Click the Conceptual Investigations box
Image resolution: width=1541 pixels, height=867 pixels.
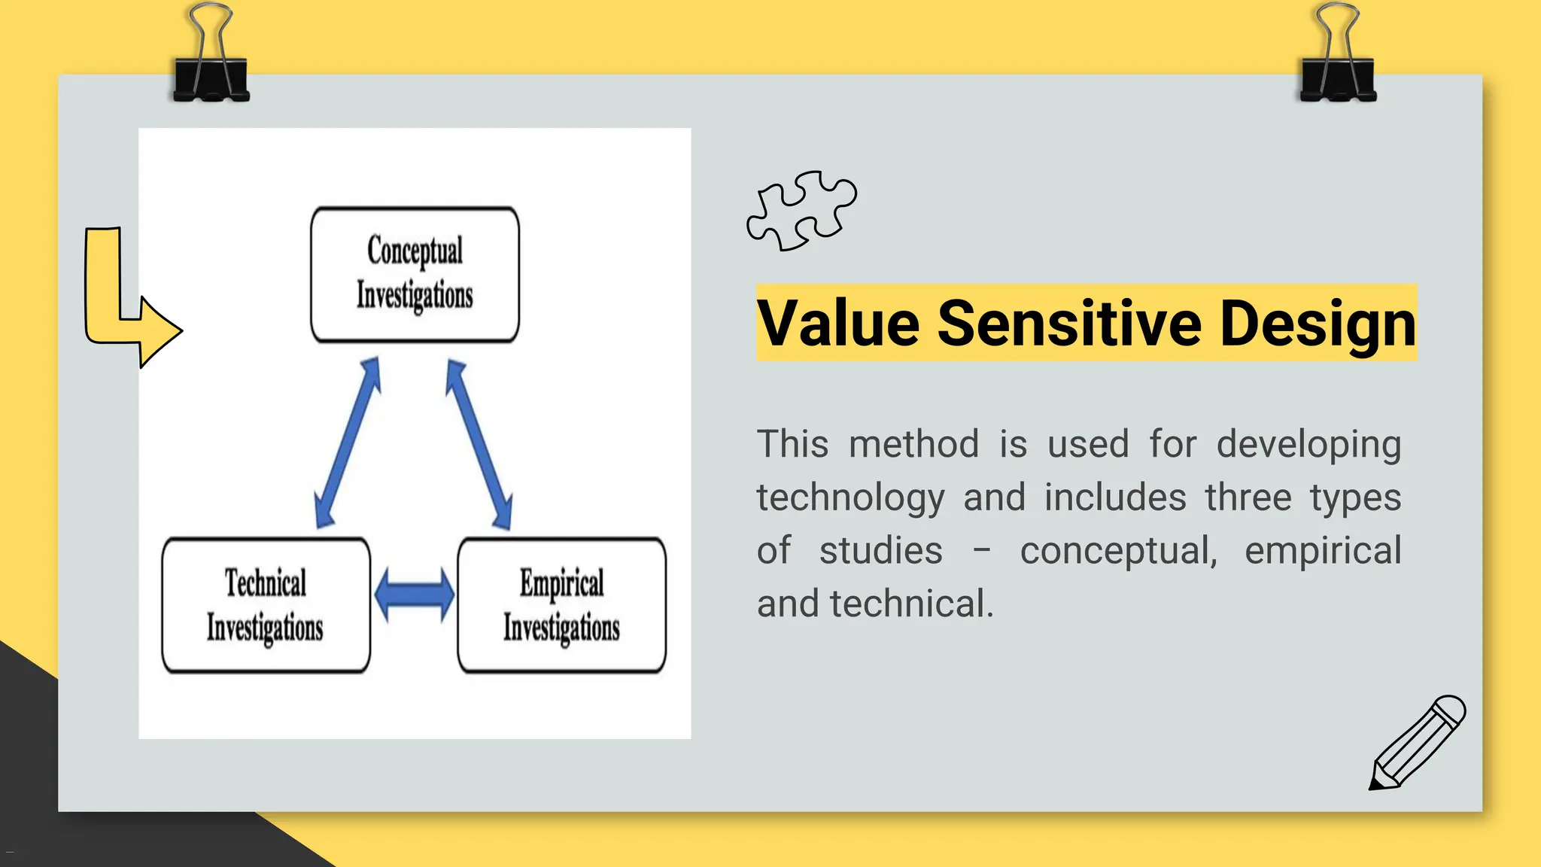(415, 274)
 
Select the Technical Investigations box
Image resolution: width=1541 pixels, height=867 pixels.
(266, 605)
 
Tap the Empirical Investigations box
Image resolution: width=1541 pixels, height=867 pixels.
(561, 605)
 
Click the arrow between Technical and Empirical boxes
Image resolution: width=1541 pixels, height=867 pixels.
(414, 595)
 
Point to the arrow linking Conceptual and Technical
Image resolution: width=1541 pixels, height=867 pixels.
(348, 443)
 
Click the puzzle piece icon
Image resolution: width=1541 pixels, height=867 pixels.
(801, 210)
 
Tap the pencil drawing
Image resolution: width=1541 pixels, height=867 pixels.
(1416, 744)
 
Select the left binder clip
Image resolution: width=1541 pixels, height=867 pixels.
(211, 56)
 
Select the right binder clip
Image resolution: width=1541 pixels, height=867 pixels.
(1338, 56)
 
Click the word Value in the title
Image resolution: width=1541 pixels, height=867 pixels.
(837, 324)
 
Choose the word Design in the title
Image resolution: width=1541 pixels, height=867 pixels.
(1318, 324)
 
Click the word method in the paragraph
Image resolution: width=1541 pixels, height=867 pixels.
(913, 443)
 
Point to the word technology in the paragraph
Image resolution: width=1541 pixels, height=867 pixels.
(850, 498)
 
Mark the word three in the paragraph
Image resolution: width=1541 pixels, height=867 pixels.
(1248, 497)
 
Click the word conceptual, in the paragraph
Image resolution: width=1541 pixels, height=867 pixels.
(1118, 551)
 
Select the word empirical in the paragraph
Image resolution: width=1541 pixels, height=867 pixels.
(1323, 551)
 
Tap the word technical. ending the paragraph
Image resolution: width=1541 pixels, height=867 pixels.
(911, 604)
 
